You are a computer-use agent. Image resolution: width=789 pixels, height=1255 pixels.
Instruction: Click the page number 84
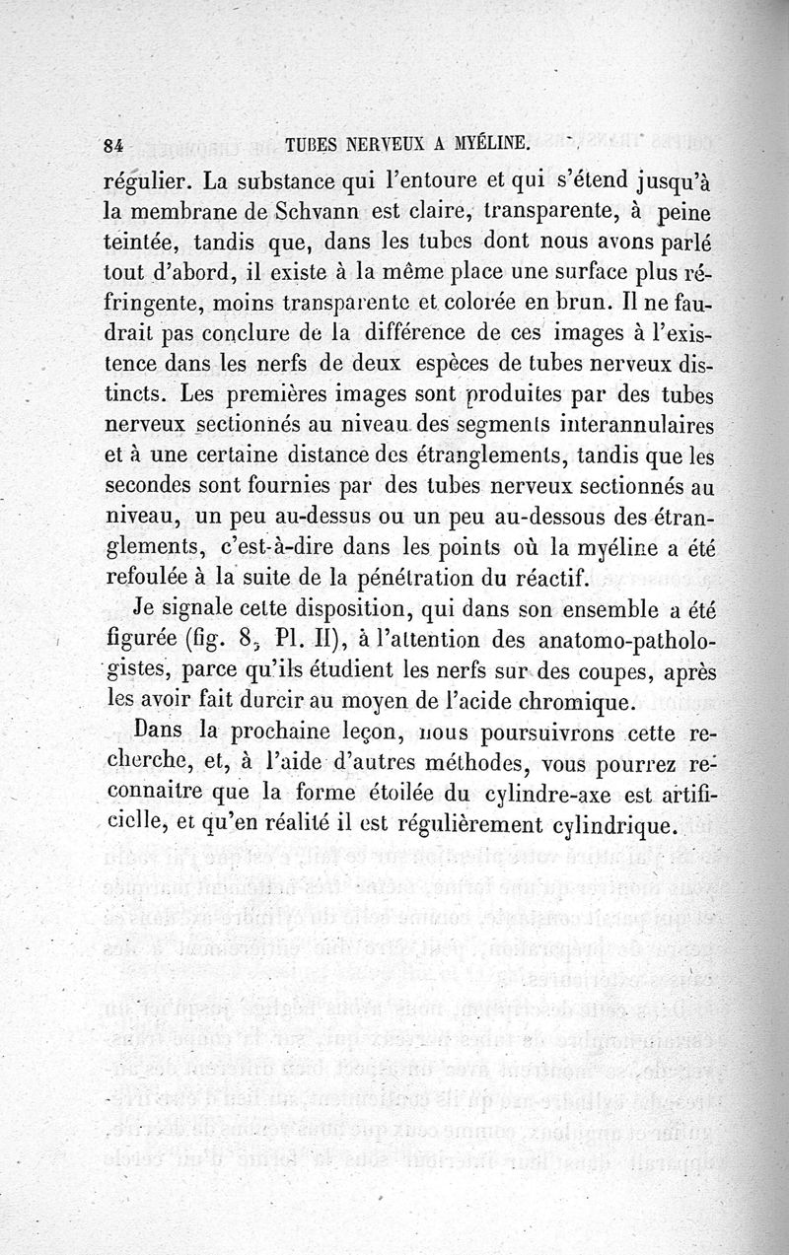click(110, 145)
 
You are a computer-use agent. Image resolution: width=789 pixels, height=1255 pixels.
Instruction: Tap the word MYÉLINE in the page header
click(489, 144)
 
